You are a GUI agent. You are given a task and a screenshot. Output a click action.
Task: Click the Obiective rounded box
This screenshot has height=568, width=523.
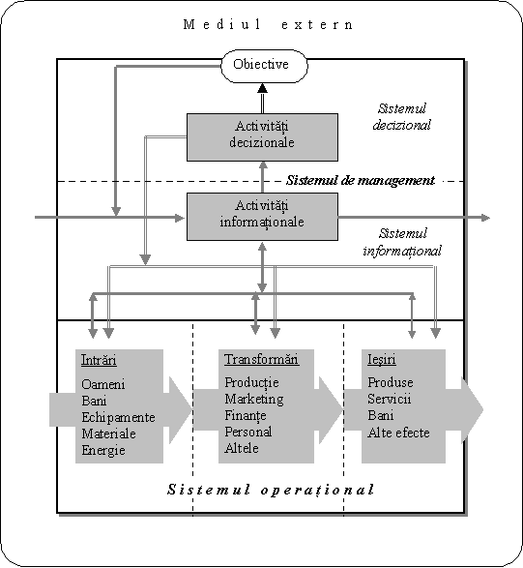pyautogui.click(x=264, y=66)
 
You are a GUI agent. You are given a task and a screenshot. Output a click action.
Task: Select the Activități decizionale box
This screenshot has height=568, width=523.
pyautogui.click(x=262, y=137)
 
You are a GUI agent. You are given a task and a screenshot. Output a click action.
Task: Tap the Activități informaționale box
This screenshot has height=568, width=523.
pyautogui.click(x=262, y=217)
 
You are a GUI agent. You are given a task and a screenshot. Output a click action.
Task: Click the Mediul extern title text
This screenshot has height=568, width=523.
pyautogui.click(x=268, y=24)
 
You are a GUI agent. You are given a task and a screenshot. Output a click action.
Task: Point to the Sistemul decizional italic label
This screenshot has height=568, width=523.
pyautogui.click(x=402, y=116)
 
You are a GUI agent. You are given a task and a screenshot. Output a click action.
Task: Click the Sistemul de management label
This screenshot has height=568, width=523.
pyautogui.click(x=361, y=180)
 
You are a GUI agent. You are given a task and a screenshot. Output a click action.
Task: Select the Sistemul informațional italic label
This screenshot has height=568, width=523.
pyautogui.click(x=402, y=242)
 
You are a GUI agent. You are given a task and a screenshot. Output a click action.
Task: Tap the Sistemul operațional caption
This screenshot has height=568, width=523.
pyautogui.click(x=271, y=490)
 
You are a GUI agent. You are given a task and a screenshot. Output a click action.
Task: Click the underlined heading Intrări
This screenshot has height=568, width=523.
pyautogui.click(x=99, y=360)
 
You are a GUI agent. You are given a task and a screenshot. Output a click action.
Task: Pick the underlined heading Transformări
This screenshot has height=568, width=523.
pyautogui.click(x=262, y=359)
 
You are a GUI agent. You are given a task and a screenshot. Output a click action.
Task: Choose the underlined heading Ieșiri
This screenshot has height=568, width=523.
pyautogui.click(x=382, y=359)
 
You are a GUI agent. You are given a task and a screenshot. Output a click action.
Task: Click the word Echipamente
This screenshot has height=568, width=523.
pyautogui.click(x=118, y=417)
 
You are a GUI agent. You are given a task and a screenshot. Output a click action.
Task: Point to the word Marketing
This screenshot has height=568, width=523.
pyautogui.click(x=254, y=399)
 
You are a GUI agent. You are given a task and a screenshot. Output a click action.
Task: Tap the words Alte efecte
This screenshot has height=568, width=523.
pyautogui.click(x=398, y=433)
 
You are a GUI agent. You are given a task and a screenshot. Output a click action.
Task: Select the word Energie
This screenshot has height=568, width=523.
pyautogui.click(x=103, y=450)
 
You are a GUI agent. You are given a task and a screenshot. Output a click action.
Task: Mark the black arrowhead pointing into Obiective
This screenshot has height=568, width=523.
pyautogui.click(x=262, y=88)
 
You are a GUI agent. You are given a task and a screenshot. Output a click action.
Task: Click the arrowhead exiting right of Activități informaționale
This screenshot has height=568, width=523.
pyautogui.click(x=485, y=218)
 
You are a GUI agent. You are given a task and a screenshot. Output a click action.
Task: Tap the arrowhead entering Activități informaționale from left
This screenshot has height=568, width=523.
pyautogui.click(x=180, y=218)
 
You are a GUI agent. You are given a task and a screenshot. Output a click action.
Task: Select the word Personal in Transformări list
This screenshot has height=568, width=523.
pyautogui.click(x=248, y=432)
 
